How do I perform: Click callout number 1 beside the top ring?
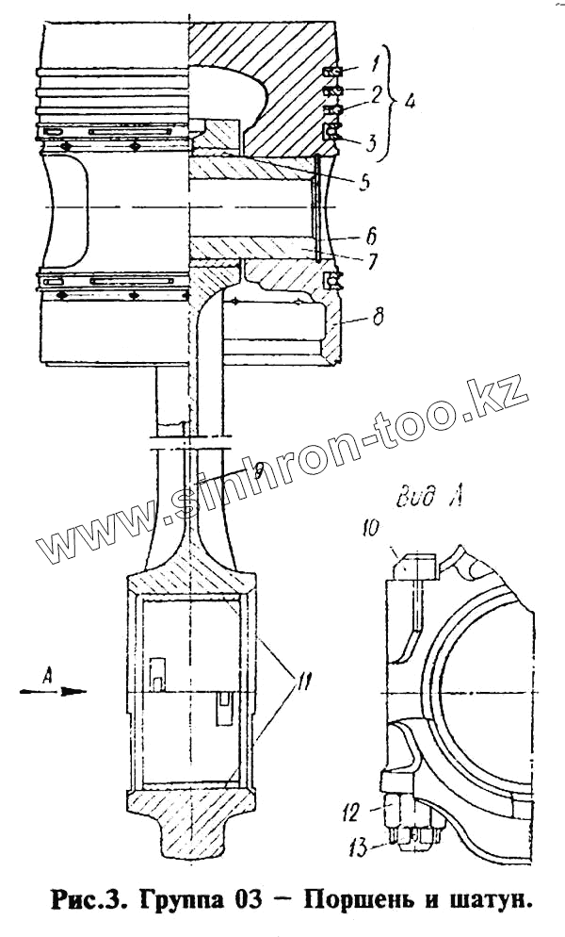(375, 66)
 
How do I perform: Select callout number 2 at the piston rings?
(376, 93)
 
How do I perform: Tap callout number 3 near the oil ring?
(374, 144)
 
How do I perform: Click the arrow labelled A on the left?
(59, 691)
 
